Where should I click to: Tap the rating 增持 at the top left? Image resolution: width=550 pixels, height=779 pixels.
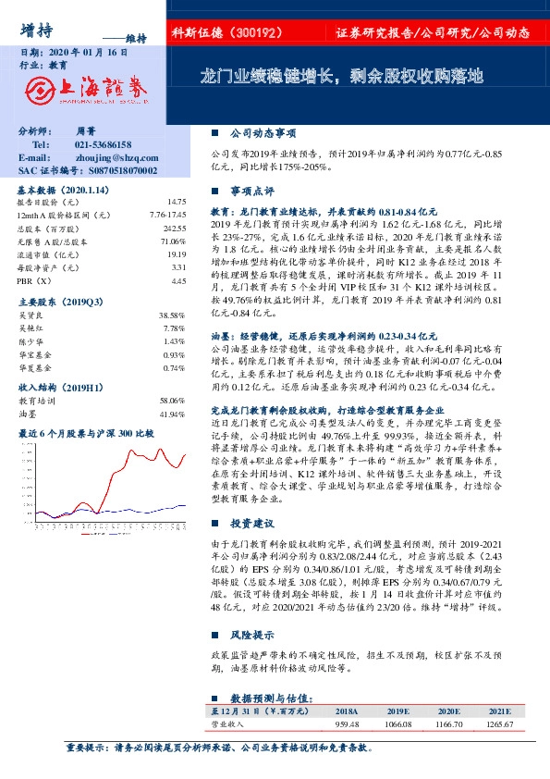click(x=35, y=31)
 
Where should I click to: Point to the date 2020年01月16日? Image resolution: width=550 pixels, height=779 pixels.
click(x=87, y=54)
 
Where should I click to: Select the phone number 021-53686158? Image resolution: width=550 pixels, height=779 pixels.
click(x=103, y=146)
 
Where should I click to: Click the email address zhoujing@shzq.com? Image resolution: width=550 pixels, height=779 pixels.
click(x=114, y=158)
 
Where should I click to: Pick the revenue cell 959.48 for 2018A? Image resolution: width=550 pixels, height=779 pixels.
click(x=347, y=724)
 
